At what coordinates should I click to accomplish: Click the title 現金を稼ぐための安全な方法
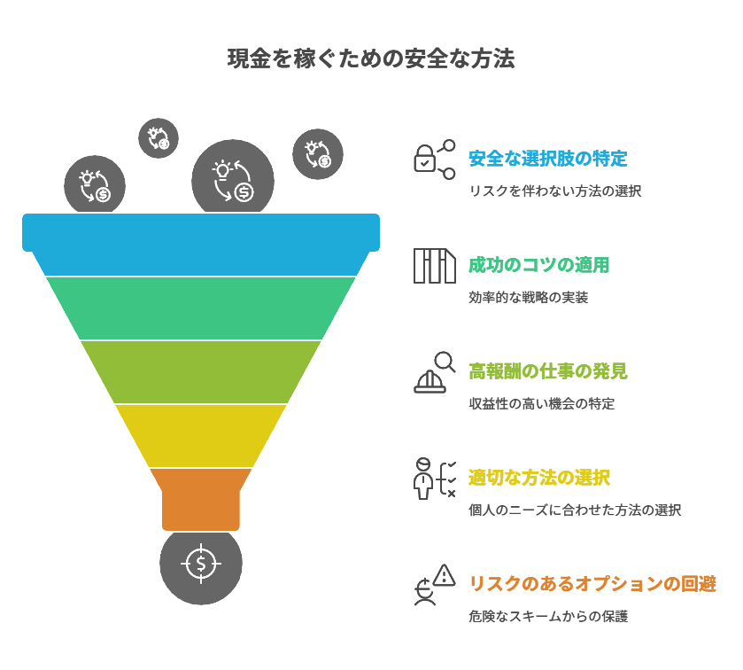click(371, 59)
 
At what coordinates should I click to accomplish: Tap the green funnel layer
click(201, 308)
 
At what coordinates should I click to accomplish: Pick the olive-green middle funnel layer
click(201, 371)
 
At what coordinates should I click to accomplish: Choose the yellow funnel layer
click(201, 435)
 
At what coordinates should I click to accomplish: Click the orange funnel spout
click(201, 498)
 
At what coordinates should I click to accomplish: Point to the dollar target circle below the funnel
click(201, 563)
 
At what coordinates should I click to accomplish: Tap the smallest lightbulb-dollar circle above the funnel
click(159, 138)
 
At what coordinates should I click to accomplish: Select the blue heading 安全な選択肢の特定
click(547, 160)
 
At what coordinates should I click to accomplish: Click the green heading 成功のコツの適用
click(538, 265)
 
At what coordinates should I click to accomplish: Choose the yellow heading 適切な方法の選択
click(538, 478)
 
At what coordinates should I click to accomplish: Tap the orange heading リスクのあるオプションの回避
click(592, 584)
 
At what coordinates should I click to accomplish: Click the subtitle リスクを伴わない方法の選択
click(554, 191)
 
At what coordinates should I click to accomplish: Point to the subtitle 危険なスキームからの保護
click(547, 617)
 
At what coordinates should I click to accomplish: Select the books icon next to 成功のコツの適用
click(434, 266)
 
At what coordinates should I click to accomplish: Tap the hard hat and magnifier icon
click(434, 372)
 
